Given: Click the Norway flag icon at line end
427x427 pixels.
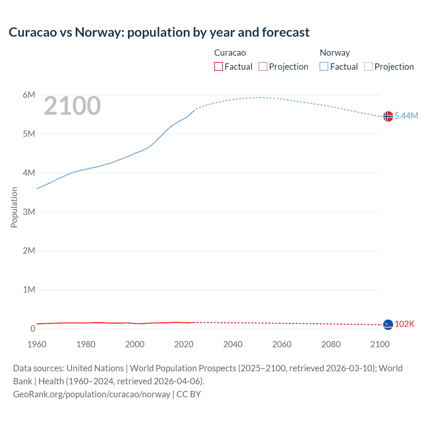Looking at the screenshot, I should coord(388,116).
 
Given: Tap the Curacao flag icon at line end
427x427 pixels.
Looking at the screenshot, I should coord(388,324).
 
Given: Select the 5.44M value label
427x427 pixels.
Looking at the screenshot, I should coord(406,116).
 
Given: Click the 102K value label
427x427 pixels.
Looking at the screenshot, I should coord(404,324).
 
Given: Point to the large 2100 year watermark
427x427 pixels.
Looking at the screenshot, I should coord(72,106).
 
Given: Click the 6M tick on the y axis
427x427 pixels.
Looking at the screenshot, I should coord(29,95).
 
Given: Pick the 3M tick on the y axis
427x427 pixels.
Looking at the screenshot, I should coord(29,212).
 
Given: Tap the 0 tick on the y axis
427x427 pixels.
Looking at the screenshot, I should coord(33,329).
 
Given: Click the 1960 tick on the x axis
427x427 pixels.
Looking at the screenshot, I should coord(37,344).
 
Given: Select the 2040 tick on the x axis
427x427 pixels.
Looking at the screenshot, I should coord(233,344).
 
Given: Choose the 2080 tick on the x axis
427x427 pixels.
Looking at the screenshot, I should coord(331,344).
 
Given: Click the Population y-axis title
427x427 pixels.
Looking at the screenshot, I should coord(14,207).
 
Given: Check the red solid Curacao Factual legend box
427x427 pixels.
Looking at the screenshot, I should coord(219,66).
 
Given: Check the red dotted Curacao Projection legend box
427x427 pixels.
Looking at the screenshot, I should coord(263,66).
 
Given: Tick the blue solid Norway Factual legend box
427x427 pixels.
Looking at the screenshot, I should coord(324,66).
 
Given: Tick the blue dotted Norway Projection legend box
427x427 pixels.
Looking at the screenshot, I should coord(369,66).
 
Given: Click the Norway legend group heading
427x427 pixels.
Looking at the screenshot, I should coord(335,53).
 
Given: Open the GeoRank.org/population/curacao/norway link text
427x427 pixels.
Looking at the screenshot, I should coord(92,394).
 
